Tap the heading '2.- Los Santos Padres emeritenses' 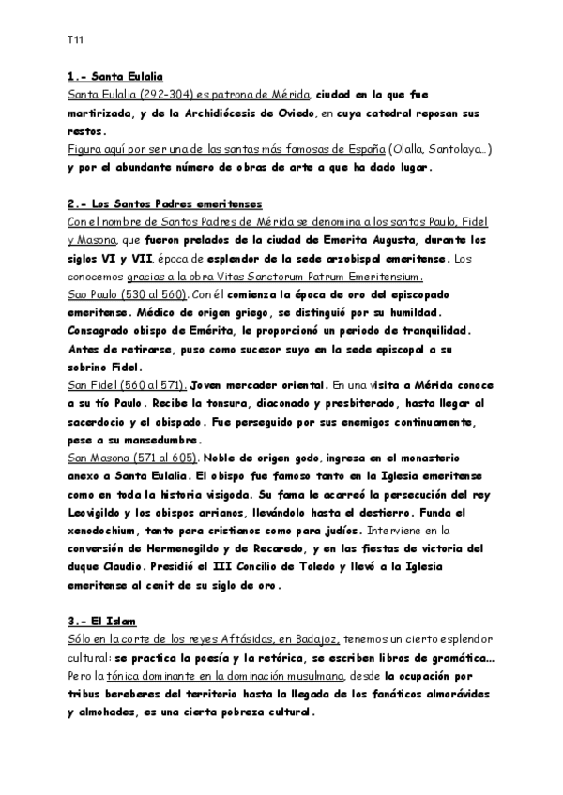165,203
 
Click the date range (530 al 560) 159,293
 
